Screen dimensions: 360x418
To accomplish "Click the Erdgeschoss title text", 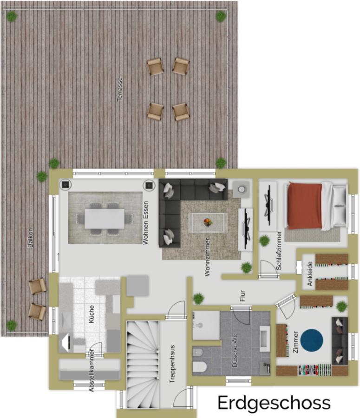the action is tap(274, 403).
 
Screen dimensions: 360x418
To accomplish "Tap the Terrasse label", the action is tap(120, 89).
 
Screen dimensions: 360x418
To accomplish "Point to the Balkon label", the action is tap(31, 237).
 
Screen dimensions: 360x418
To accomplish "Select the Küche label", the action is tap(91, 314).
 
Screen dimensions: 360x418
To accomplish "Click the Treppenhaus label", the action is tap(172, 364).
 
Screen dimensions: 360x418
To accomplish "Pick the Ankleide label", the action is tap(309, 274).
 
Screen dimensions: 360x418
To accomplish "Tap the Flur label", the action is tap(242, 296).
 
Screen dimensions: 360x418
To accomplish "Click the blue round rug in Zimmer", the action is tap(312, 340).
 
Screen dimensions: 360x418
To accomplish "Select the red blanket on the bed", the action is tap(305, 206).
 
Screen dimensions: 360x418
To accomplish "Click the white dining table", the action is tap(105, 219).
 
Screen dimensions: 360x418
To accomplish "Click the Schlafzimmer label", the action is tap(279, 250).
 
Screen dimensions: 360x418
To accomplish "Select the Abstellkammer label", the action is tap(92, 370).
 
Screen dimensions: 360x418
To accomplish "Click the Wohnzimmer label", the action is tap(208, 257).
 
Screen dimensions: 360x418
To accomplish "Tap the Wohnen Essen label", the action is tap(145, 223).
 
